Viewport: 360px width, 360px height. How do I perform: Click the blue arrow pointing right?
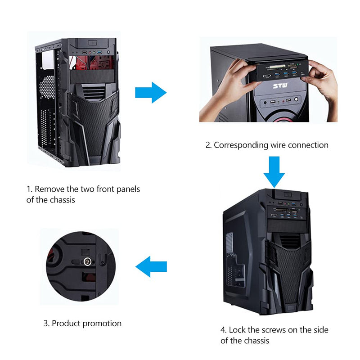[x=151, y=93]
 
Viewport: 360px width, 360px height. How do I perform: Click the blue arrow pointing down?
[x=274, y=172]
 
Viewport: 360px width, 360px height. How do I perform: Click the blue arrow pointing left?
[x=151, y=266]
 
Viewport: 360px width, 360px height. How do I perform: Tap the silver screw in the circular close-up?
[x=87, y=261]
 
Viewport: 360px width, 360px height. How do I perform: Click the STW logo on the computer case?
[x=280, y=86]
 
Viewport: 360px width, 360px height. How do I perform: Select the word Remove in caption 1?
[x=49, y=189]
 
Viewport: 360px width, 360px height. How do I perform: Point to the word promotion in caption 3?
[x=102, y=324]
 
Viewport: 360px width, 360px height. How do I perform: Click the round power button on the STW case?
[x=297, y=99]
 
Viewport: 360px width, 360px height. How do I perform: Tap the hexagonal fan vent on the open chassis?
[x=47, y=87]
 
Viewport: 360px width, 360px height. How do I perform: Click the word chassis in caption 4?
[x=256, y=341]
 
